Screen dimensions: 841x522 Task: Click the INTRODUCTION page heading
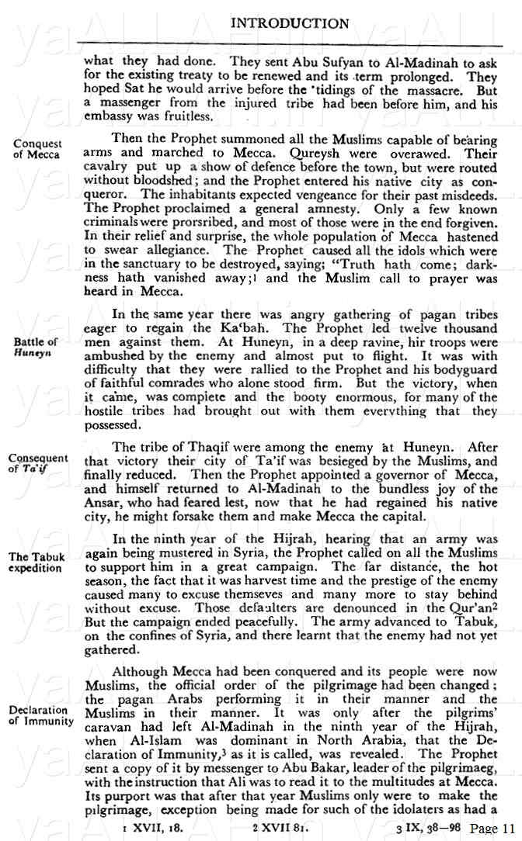[290, 23]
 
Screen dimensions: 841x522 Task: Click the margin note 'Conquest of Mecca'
[37, 149]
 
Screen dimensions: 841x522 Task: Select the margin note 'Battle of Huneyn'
[36, 346]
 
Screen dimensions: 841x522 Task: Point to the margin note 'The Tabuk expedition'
[37, 562]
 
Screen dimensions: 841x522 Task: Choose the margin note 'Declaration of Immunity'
[41, 715]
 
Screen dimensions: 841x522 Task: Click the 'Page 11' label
[492, 828]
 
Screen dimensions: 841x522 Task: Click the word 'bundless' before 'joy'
[402, 490]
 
